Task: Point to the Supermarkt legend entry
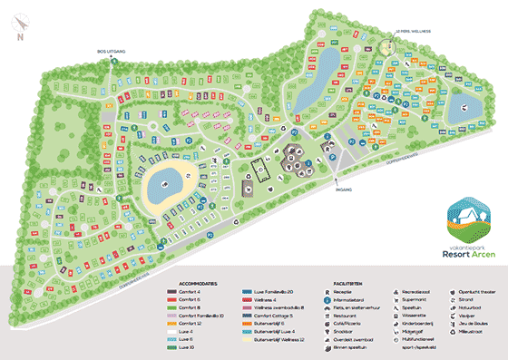point(418,301)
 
